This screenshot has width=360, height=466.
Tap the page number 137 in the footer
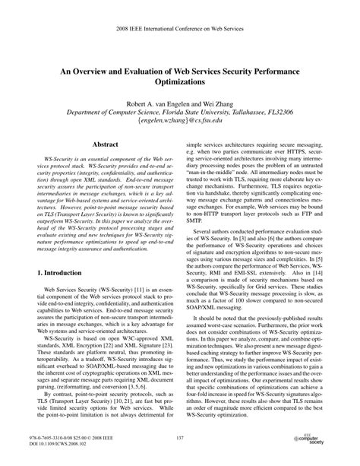[x=180, y=439]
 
